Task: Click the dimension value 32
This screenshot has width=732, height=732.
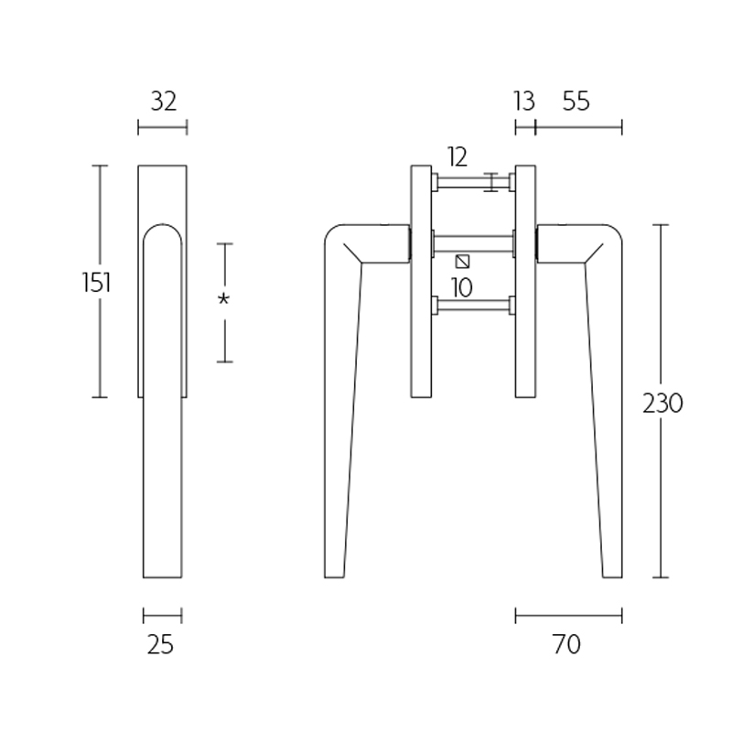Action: coord(163,102)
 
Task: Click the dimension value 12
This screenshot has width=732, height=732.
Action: coord(457,156)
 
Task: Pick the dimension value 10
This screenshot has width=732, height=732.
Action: coord(462,288)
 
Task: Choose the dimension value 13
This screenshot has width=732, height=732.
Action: coord(523,102)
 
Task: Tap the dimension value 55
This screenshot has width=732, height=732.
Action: coord(576,102)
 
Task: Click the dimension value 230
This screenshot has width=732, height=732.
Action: coord(662,404)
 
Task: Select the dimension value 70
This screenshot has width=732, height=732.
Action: coord(567,644)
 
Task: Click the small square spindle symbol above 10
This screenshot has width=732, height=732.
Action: coord(462,262)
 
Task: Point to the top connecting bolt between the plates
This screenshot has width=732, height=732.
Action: coord(474,183)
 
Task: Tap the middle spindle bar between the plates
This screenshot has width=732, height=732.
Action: coord(474,243)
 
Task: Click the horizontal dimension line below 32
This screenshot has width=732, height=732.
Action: coord(163,127)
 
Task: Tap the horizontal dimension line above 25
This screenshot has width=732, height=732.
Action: coord(162,615)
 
